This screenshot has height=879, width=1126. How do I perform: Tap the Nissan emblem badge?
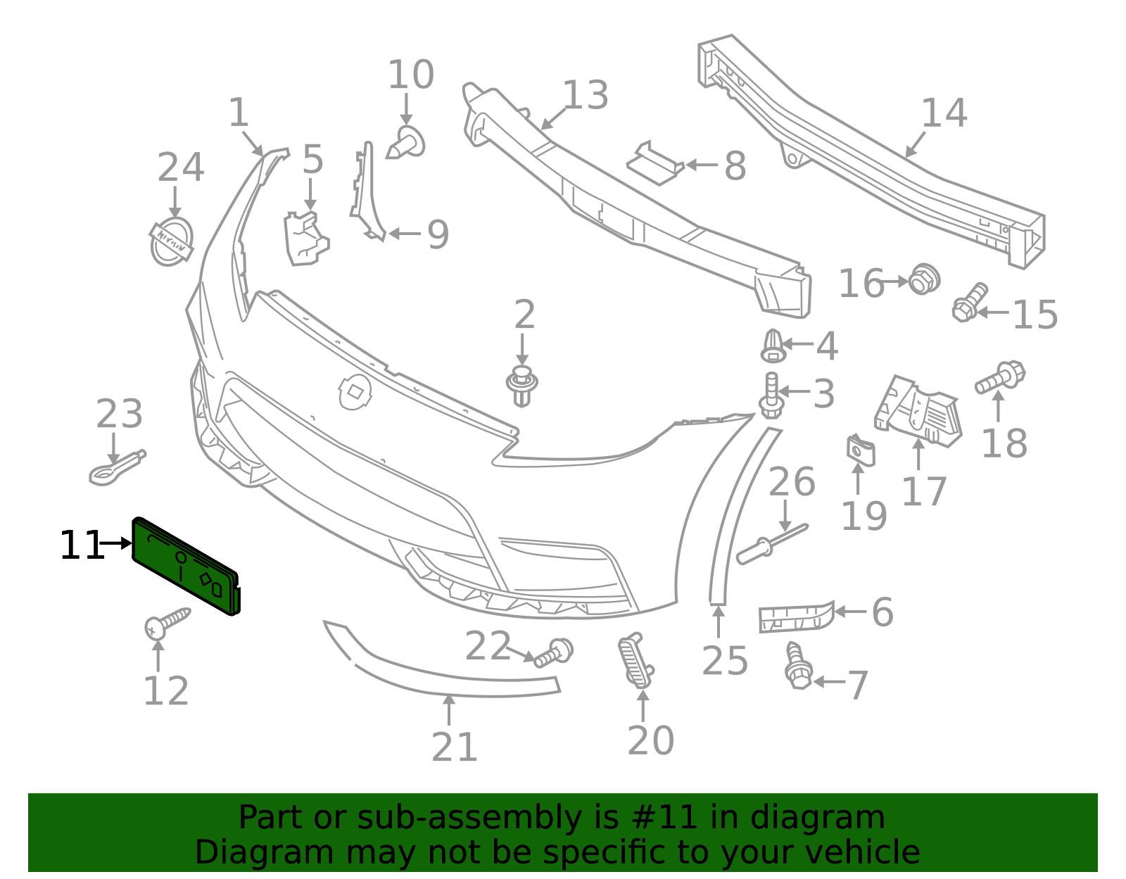(171, 241)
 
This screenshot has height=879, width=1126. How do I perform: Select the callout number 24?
(180, 168)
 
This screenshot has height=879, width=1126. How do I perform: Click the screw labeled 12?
(167, 622)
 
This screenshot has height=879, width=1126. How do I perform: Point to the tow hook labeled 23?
(116, 468)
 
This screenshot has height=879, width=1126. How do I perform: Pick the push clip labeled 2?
(521, 386)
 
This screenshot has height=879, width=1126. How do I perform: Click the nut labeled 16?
(924, 279)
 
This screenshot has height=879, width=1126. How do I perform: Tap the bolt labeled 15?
(969, 301)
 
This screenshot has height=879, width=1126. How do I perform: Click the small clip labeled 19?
(860, 450)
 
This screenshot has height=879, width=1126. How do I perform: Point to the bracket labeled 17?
(918, 412)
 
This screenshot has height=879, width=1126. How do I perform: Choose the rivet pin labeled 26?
(771, 544)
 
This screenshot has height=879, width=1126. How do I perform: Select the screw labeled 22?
(554, 652)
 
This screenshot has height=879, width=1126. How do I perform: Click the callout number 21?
(455, 747)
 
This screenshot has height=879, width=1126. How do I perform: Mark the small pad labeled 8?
(655, 164)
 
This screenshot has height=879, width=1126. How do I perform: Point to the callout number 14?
(944, 113)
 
